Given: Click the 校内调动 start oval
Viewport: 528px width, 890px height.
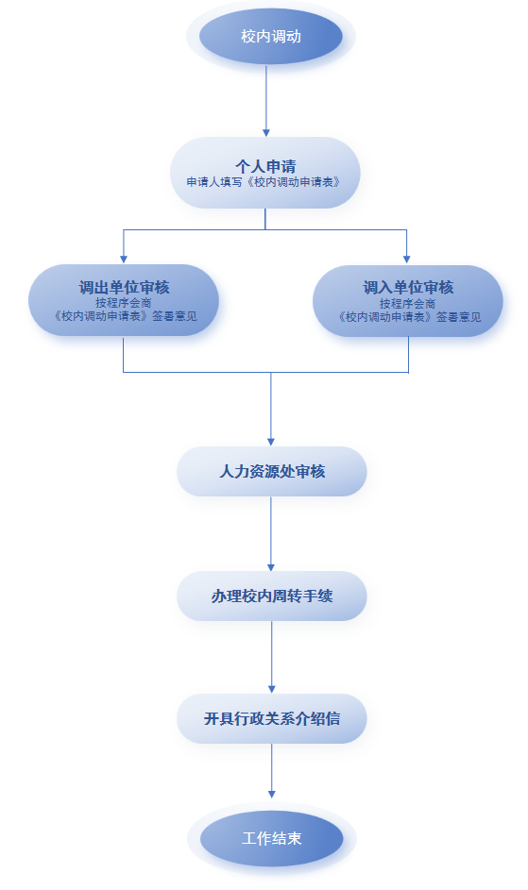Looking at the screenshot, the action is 270,36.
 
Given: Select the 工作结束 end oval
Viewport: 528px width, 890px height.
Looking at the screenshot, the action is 272,838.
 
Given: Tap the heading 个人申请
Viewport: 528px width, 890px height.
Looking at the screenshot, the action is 265,166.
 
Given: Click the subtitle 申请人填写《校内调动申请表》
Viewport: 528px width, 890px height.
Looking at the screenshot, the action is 264,182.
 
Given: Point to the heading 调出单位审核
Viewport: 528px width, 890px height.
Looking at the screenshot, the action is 124,287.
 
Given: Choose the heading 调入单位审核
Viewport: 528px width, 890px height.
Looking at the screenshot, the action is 408,288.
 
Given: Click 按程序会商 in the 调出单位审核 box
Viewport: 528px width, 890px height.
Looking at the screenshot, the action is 124,303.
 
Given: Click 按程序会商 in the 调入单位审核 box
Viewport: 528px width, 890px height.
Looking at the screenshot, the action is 407,303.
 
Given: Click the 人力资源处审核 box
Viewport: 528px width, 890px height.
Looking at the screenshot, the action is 272,471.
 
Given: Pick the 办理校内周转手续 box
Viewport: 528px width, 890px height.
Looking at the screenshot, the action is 272,596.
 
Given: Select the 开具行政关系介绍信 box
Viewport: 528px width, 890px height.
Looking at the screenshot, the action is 272,718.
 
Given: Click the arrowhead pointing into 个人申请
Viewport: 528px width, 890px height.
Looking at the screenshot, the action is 266,133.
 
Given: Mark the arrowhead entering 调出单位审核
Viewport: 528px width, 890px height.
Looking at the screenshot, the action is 124,260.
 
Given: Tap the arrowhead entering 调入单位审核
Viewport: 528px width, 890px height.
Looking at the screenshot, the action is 406,260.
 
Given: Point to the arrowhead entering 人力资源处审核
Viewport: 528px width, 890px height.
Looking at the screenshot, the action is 271,442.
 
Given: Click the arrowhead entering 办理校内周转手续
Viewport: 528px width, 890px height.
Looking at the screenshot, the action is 271,567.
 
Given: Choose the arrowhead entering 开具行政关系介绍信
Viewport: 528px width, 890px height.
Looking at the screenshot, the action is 272,690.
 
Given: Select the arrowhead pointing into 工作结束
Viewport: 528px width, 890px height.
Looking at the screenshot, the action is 272,795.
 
